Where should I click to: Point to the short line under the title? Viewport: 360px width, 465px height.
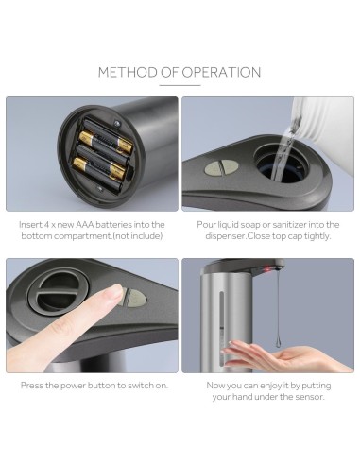pyautogui.click(x=180, y=86)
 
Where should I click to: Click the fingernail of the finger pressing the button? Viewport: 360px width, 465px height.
pyautogui.click(x=112, y=295)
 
